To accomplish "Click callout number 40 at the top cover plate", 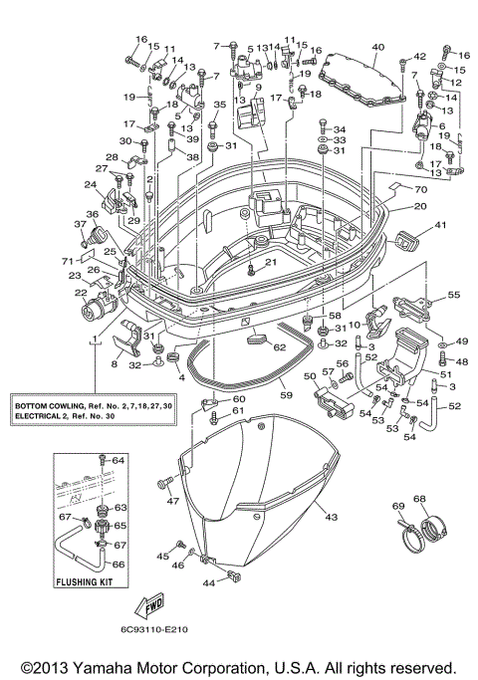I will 377,48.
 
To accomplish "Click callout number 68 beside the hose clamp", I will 419,499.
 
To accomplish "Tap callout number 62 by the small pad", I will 279,347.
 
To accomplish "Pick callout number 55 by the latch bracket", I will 453,296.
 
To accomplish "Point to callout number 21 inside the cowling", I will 269,262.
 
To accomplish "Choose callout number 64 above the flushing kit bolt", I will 118,460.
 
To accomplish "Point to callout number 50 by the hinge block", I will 309,376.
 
